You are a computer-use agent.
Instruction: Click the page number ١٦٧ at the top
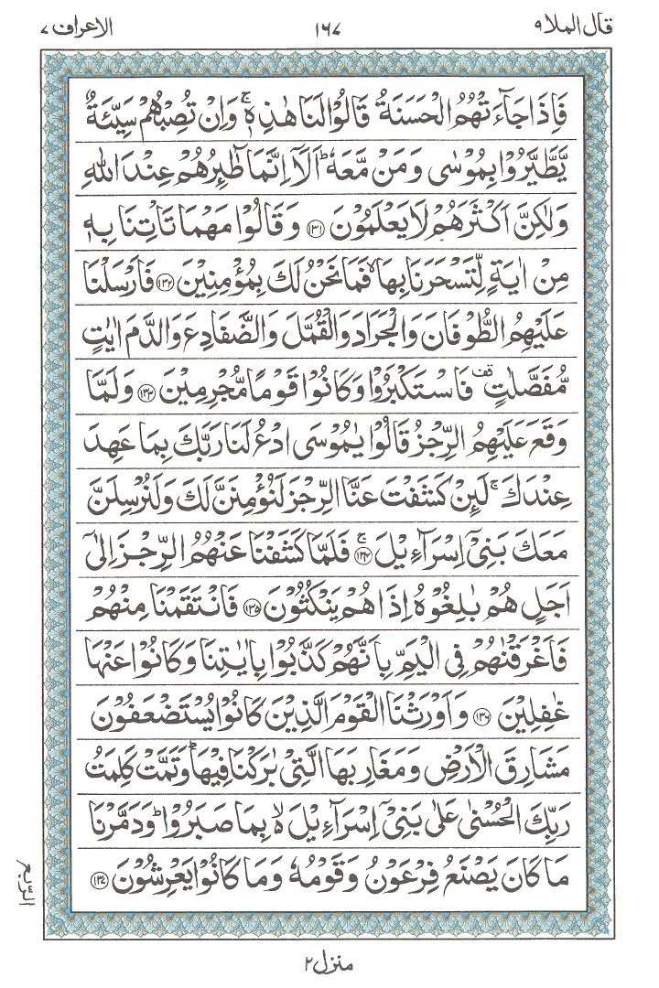(329, 16)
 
